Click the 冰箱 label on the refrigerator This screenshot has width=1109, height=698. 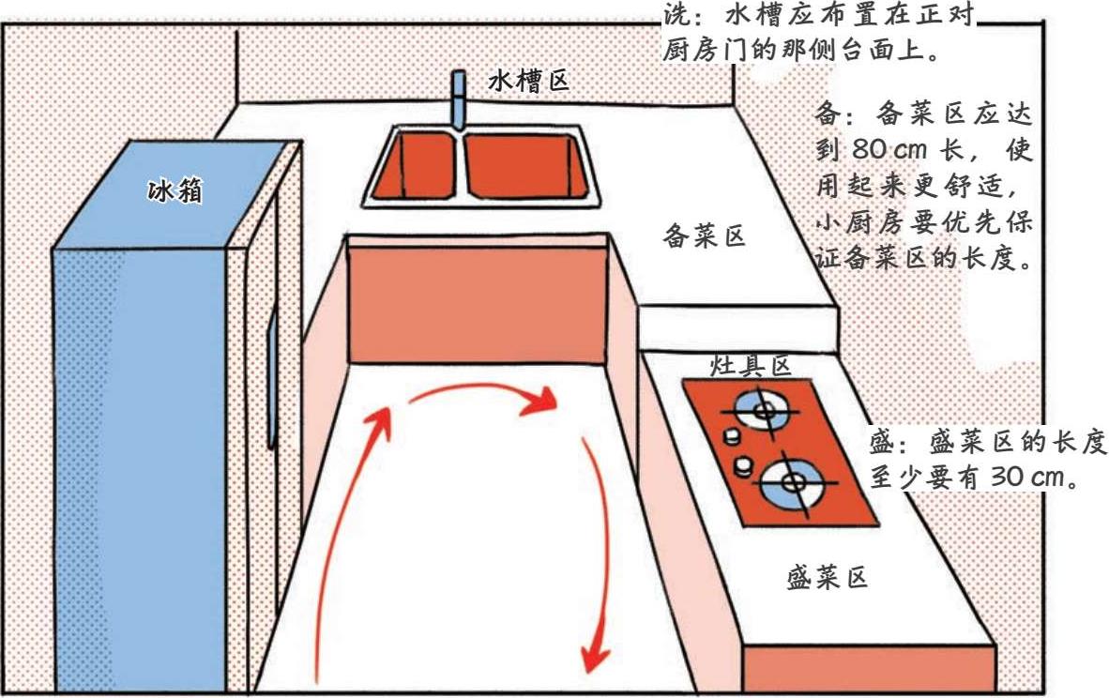[175, 192]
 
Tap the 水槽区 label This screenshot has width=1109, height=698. [528, 82]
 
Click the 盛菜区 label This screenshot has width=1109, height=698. [827, 578]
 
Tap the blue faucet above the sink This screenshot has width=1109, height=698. [459, 99]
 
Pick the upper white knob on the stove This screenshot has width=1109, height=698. [728, 437]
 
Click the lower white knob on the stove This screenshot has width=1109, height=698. [744, 464]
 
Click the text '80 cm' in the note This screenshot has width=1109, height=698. [890, 148]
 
